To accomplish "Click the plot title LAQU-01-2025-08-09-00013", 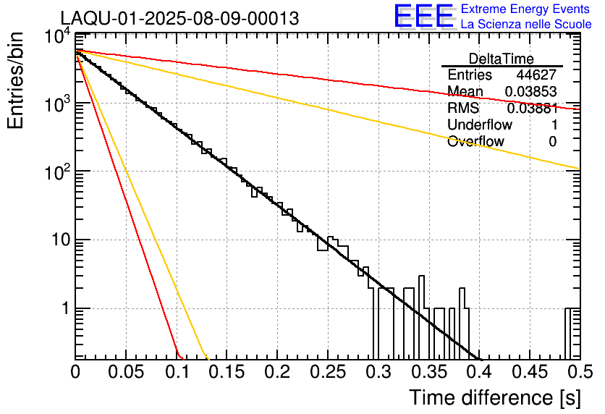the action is (x=179, y=18).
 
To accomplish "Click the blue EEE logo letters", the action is (x=423, y=16).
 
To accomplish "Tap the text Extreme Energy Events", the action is (x=525, y=9).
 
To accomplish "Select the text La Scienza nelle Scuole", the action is (x=526, y=24).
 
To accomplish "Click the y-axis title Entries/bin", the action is (x=15, y=80).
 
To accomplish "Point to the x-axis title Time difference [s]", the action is (x=495, y=398).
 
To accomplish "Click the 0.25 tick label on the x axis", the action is (x=328, y=372).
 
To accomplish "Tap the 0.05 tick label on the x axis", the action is (x=126, y=372).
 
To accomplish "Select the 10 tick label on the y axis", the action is (x=61, y=240).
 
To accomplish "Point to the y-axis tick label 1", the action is (x=66, y=308).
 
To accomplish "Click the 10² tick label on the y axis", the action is (x=57, y=171).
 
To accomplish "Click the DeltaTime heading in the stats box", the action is (x=502, y=59).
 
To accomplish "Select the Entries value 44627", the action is (x=536, y=75).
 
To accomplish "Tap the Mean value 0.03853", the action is (x=530, y=91).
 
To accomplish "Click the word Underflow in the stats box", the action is (x=480, y=124).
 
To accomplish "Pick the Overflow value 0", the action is (x=552, y=142).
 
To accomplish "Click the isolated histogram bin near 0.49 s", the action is (x=567, y=334).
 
